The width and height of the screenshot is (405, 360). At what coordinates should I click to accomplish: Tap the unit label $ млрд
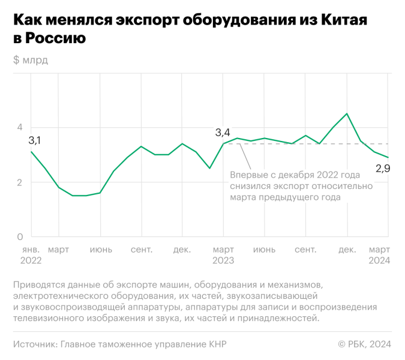point(30,60)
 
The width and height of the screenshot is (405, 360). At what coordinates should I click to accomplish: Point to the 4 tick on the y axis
point(20,127)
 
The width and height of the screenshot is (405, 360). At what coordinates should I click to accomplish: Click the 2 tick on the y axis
point(20,182)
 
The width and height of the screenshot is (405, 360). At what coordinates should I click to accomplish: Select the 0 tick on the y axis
point(20,237)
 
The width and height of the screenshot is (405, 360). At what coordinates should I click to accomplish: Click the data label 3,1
point(35,140)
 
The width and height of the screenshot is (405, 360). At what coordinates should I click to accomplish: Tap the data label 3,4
point(223,133)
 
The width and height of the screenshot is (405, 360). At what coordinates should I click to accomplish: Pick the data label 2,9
point(383,169)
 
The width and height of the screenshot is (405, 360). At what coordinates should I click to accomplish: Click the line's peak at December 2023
point(347,113)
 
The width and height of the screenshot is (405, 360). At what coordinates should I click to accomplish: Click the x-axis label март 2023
point(224,255)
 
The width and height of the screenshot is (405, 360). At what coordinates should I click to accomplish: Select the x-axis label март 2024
point(380,255)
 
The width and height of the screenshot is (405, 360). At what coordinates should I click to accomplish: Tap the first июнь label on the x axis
point(101,250)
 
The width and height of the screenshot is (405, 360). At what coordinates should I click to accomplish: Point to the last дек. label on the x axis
point(347,250)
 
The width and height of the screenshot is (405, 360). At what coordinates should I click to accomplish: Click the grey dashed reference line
point(312,144)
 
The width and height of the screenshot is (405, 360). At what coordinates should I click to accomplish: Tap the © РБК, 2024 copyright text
point(365,344)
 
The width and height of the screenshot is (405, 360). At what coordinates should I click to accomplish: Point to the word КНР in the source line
point(216,344)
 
